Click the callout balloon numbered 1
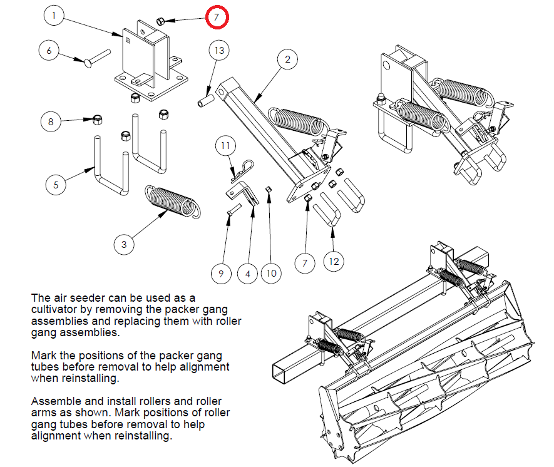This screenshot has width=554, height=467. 54,15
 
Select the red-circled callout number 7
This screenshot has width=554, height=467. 217,17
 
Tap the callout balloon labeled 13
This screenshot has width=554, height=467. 219,51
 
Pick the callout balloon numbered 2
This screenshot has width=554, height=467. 287,59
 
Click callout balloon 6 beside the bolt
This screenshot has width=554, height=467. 49,51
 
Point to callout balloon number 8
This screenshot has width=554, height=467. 51,121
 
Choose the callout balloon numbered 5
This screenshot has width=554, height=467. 56,185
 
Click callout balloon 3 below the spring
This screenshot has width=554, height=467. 124,244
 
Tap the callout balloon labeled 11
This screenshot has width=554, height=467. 225,145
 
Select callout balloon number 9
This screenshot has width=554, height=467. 221,274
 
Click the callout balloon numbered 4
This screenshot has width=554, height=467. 248,274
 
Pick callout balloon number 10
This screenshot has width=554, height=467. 271,273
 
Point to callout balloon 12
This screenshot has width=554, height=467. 334,262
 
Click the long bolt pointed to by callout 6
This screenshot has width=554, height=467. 97,58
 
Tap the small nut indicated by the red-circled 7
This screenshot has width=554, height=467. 160,21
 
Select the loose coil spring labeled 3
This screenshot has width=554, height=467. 172,200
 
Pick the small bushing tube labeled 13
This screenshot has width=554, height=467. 205,100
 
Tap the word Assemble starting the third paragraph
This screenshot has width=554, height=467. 56,401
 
